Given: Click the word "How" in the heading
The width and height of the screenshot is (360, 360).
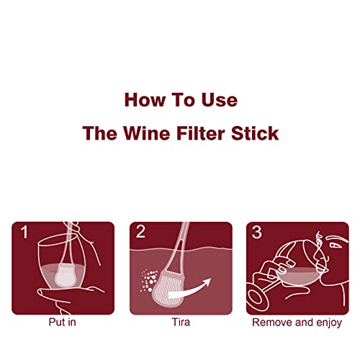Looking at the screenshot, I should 142,99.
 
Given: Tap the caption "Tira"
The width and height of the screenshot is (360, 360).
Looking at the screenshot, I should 180,323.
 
